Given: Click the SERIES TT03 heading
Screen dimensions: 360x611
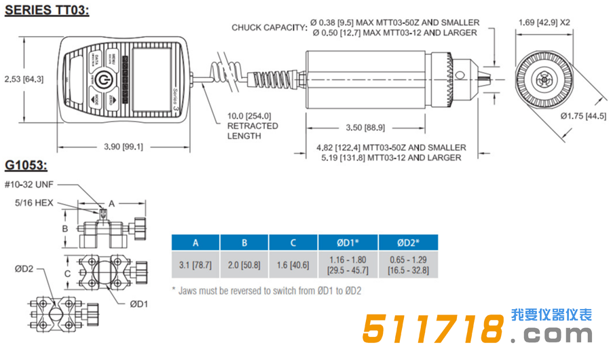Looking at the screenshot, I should click(47, 11).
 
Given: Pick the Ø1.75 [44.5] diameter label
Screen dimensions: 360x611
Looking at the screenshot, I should click(584, 115).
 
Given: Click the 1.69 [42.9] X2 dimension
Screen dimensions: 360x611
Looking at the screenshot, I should click(544, 22).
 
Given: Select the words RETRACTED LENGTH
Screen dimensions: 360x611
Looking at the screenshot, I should click(253, 130).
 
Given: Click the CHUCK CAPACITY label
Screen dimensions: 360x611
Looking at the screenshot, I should click(269, 27).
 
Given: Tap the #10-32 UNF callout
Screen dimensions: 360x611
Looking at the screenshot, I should click(29, 184).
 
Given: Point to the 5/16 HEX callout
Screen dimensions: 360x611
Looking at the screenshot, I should click(35, 202).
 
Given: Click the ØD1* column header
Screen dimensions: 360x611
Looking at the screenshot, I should click(343, 242).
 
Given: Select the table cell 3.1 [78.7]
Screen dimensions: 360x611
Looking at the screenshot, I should click(196, 265).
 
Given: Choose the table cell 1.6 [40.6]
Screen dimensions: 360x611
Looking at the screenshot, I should click(293, 265).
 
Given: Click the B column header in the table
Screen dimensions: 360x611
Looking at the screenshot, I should click(244, 242).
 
